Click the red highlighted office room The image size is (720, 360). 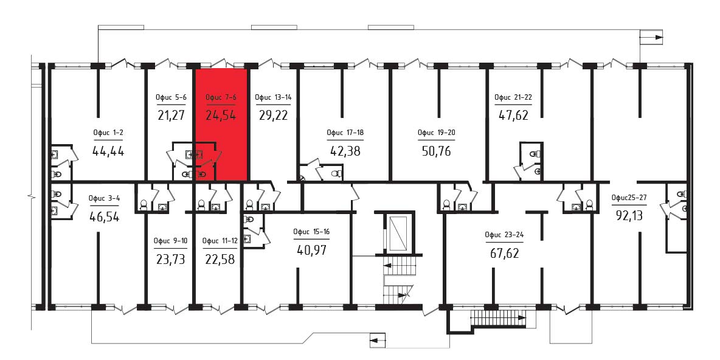(222, 124)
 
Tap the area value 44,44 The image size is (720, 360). (108, 151)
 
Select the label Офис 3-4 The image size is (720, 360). (104, 199)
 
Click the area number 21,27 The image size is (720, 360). (171, 115)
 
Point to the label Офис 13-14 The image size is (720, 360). (274, 97)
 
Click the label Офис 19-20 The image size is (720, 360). (436, 133)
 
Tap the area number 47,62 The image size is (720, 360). (513, 115)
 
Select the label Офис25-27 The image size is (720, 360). (629, 198)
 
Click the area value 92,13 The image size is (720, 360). (629, 215)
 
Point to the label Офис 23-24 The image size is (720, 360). (504, 235)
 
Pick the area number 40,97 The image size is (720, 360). (311, 251)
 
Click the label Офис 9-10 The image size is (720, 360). (170, 241)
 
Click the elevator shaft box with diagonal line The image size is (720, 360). (398, 232)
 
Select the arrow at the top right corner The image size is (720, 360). (652, 37)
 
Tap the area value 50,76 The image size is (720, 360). (437, 151)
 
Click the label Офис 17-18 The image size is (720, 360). (345, 133)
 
